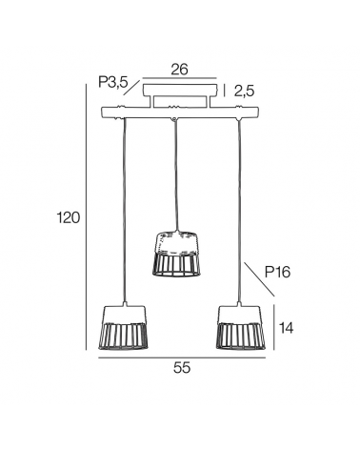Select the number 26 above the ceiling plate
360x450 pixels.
(x=178, y=69)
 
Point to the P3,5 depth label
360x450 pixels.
(x=113, y=82)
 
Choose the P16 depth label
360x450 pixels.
(x=277, y=272)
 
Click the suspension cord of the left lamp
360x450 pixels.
(x=124, y=210)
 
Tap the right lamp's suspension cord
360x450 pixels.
(x=239, y=210)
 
